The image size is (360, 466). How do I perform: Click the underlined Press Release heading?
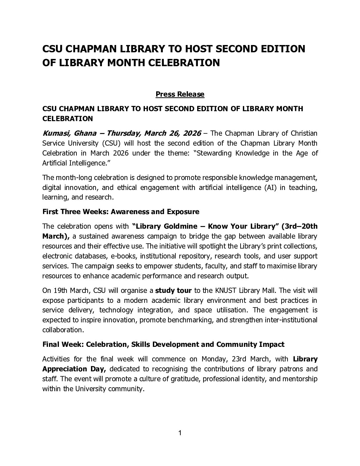180,94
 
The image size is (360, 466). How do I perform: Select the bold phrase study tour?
173,291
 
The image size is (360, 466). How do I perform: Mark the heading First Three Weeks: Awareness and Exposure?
121,212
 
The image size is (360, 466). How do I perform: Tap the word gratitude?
182,379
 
